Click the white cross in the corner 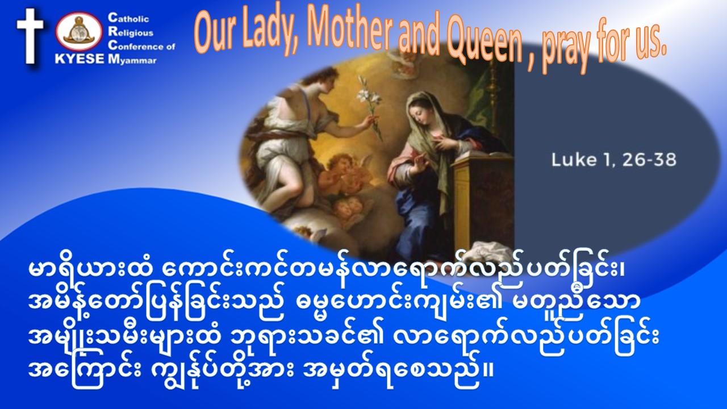point(30,36)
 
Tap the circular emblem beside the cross point(79,31)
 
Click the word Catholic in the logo point(128,18)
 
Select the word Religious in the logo point(131,32)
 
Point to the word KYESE point(80,59)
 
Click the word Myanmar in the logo point(132,60)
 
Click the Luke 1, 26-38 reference point(614,160)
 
